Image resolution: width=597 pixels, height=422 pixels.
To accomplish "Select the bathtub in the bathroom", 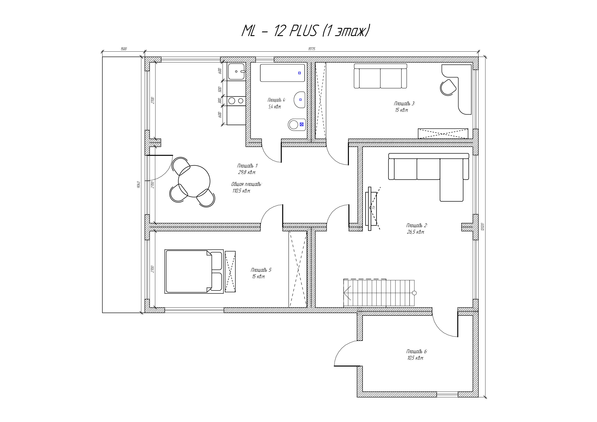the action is tap(282, 73).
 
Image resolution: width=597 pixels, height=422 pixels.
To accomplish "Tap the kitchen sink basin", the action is tap(236, 71).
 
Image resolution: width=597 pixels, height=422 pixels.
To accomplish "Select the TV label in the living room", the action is tap(373, 207).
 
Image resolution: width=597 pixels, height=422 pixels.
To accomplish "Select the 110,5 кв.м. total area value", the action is tap(241, 191).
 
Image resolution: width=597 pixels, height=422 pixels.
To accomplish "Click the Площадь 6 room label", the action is tap(417, 351).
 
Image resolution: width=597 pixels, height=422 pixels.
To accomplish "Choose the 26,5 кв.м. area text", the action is tap(416, 232).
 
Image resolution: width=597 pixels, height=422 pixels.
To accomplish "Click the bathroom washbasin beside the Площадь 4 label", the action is tap(300, 99).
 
